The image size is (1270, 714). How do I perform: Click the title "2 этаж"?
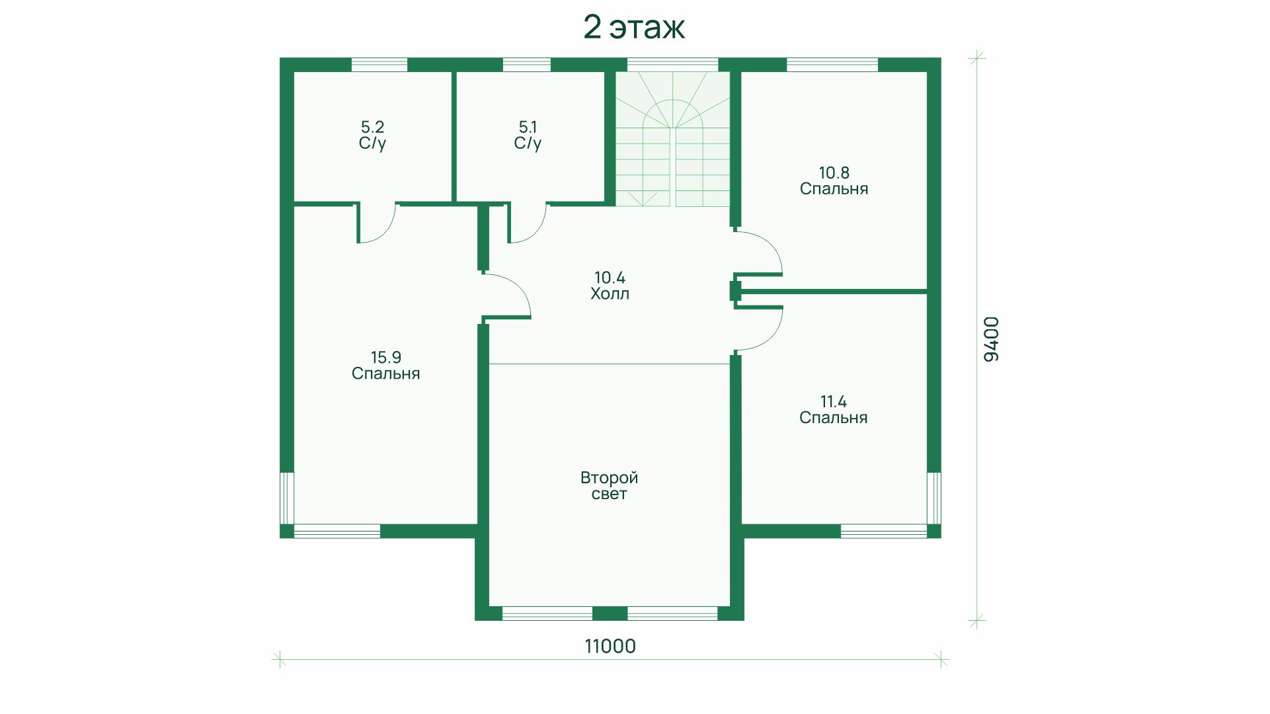click(x=634, y=28)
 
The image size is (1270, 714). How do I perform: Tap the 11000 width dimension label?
click(x=610, y=646)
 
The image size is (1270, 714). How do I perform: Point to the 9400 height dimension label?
click(x=991, y=339)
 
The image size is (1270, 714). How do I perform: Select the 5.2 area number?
click(x=372, y=126)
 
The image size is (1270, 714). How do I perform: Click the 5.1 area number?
click(x=528, y=126)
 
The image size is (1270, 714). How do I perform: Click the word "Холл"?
click(x=610, y=294)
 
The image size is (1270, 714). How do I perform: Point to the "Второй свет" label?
click(x=609, y=486)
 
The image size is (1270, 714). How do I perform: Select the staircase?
click(x=673, y=139)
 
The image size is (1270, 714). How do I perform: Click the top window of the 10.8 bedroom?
click(x=832, y=65)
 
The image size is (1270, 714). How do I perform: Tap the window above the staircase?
click(x=672, y=65)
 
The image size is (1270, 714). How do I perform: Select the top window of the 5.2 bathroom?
click(x=379, y=65)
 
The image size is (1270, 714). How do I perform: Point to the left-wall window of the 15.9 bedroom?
click(x=287, y=498)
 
